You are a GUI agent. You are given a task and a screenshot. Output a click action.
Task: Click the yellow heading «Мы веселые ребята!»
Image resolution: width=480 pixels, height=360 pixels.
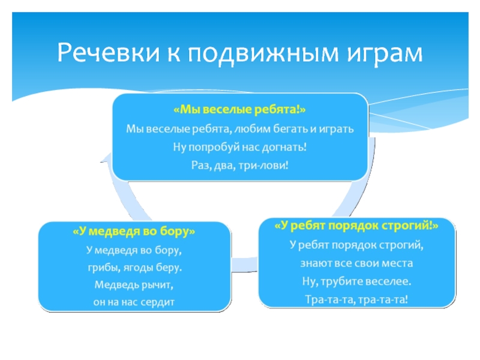click(x=239, y=112)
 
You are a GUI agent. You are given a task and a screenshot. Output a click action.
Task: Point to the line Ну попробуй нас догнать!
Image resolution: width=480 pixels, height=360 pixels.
click(x=239, y=146)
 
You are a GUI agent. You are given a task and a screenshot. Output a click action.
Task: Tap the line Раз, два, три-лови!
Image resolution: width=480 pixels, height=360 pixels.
click(x=239, y=164)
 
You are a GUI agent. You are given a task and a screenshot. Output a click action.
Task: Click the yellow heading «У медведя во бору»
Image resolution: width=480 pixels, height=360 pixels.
click(x=134, y=231)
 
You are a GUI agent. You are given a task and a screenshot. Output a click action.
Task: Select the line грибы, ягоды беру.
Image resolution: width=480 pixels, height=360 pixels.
click(x=134, y=266)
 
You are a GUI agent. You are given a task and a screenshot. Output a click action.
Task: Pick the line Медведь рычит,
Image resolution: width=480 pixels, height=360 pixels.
click(x=134, y=284)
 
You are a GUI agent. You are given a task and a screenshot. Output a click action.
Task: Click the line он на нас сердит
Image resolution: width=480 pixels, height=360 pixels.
click(x=134, y=301)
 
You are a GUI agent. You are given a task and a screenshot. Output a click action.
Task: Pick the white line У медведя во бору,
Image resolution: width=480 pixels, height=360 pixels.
click(x=134, y=248)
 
